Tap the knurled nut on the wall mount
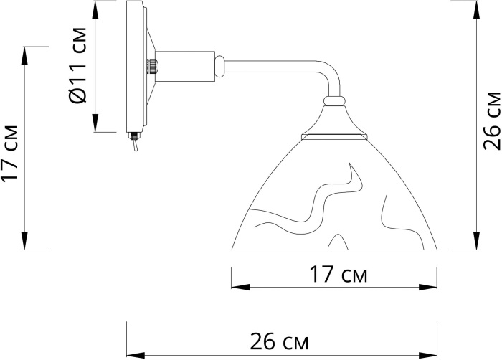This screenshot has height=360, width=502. tap(153, 66)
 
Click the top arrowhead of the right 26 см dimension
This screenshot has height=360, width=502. tap(475, 9)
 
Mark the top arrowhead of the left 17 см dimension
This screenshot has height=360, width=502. tap(26, 55)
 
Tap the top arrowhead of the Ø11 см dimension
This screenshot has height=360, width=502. tap(95, 9)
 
